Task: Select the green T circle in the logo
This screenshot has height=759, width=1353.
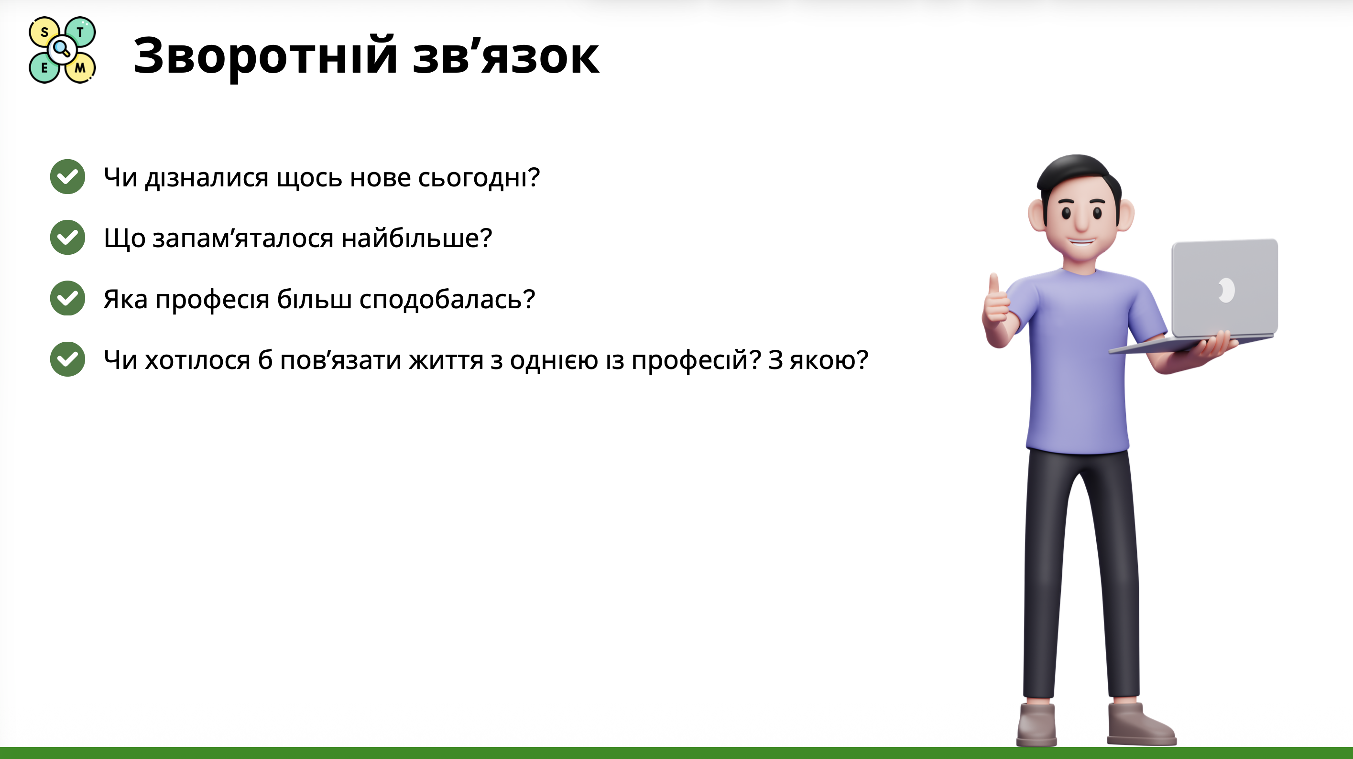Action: [x=81, y=32]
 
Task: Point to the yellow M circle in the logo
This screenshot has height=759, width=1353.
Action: [x=80, y=68]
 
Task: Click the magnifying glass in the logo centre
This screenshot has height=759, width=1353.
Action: [x=62, y=49]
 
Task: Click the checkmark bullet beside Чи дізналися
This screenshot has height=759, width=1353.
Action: [x=68, y=176]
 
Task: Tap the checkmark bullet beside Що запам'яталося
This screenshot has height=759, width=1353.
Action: [x=68, y=238]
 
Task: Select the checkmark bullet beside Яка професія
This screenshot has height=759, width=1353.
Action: [x=68, y=298]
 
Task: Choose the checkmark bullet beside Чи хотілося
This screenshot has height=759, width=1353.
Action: [x=68, y=359]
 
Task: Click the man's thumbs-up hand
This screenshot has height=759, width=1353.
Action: [x=996, y=304]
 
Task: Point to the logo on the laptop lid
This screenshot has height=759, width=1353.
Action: [x=1226, y=290]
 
